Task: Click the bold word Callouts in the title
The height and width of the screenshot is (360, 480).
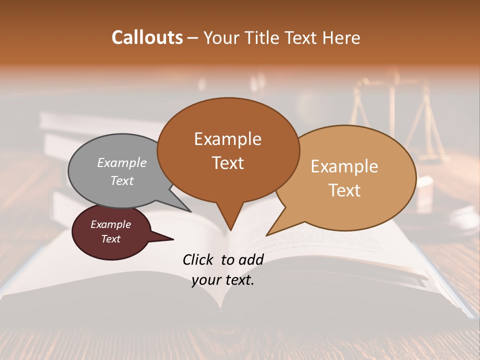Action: [147, 37]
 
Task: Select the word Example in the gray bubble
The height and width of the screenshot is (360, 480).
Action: [122, 162]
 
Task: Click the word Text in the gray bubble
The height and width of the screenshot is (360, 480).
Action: [122, 180]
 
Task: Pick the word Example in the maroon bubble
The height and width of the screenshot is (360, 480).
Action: [110, 224]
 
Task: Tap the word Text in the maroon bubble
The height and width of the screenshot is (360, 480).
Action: [110, 239]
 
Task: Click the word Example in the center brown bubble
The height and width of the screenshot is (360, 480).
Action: [227, 139]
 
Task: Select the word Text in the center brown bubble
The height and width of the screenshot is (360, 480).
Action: [227, 163]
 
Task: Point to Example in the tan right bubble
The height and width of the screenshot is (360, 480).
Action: [344, 166]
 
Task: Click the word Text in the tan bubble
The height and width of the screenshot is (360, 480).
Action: [344, 190]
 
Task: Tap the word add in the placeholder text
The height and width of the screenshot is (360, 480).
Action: [251, 259]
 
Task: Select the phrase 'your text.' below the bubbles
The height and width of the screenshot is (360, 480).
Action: [223, 280]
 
